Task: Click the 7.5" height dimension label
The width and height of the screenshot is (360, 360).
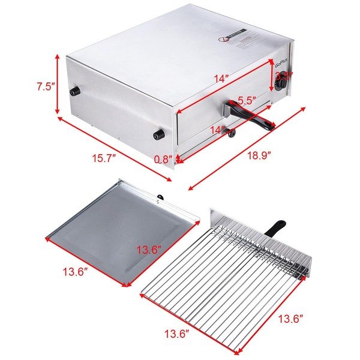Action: [x=46, y=86]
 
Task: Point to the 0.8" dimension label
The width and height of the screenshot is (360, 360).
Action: [x=163, y=160]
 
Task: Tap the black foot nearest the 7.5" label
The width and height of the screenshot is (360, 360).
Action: [x=76, y=91]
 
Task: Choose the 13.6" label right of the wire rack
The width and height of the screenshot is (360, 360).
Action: [x=290, y=319]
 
